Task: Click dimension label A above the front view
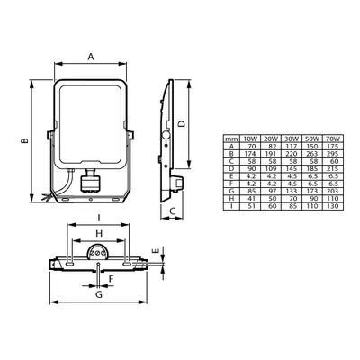[90, 56]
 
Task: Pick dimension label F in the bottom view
[110, 280]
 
